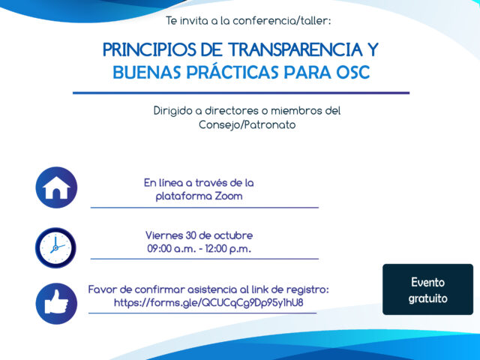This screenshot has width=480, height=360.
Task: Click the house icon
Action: [56, 187]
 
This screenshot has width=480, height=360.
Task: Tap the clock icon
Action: [55, 247]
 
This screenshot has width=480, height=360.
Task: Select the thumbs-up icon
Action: [56, 304]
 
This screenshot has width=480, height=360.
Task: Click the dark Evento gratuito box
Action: [427, 289]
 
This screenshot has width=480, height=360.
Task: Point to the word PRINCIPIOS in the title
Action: [149, 49]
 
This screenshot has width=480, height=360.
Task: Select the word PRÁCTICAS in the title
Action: [232, 73]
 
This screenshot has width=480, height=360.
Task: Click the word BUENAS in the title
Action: [147, 73]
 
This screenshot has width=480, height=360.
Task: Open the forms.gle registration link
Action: [208, 303]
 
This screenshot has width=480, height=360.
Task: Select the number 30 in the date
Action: [190, 235]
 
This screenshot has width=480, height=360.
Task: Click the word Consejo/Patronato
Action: [247, 125]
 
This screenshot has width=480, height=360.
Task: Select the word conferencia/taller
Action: [282, 21]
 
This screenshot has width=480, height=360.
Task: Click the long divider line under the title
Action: [241, 93]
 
